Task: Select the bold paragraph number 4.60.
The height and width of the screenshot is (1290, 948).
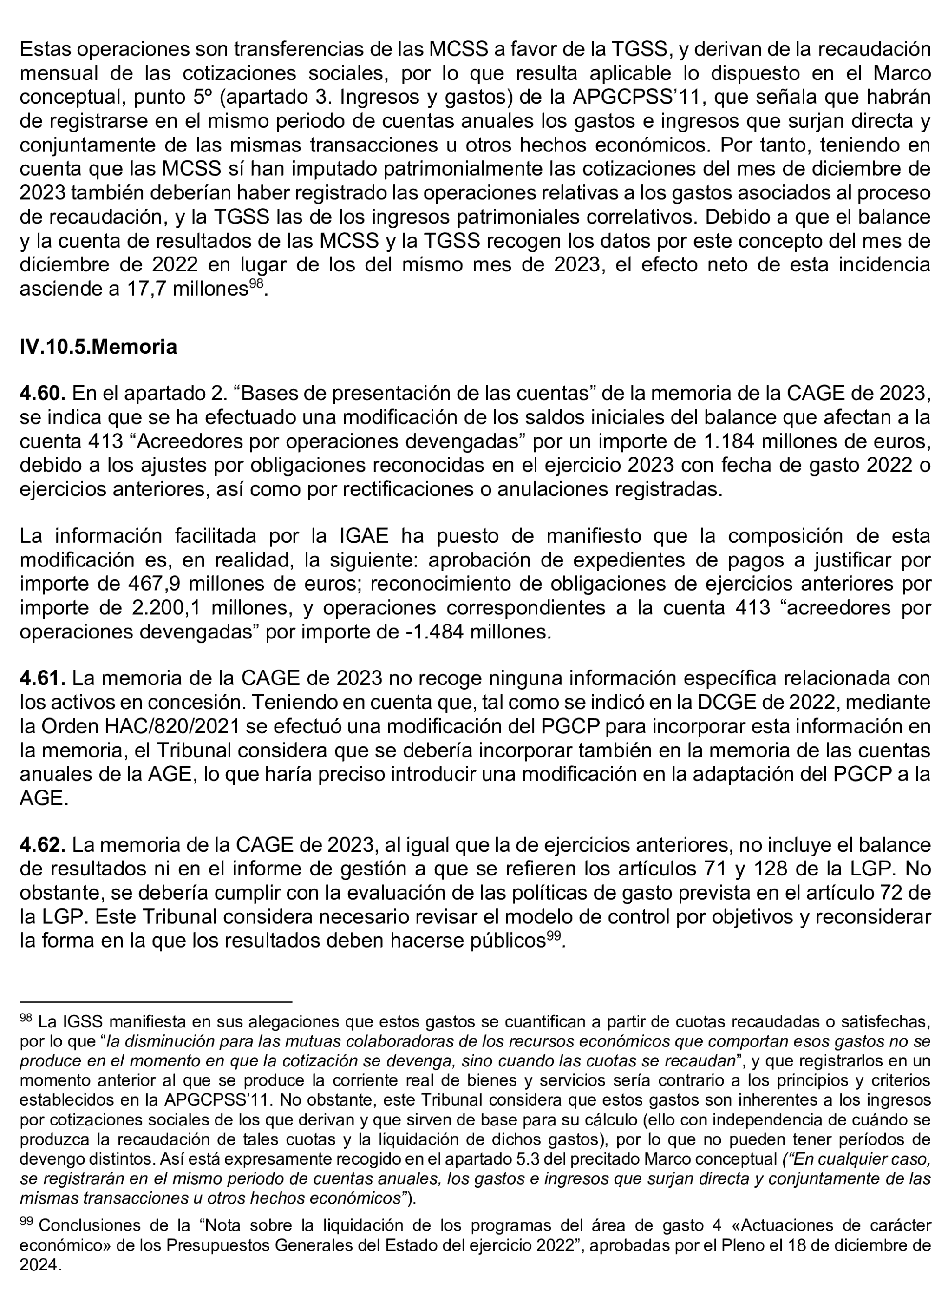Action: point(42,393)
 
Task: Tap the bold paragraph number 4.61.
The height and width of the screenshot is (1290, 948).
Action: point(42,678)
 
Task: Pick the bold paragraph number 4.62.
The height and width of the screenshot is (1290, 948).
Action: point(42,845)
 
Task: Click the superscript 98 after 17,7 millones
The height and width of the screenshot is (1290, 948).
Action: point(257,283)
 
